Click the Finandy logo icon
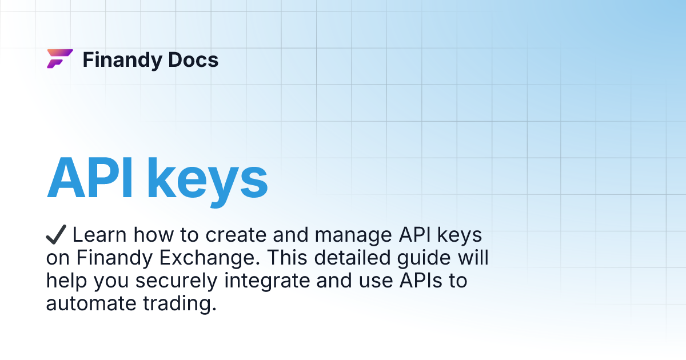tap(59, 59)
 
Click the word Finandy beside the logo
tap(119, 60)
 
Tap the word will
tap(472, 258)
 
